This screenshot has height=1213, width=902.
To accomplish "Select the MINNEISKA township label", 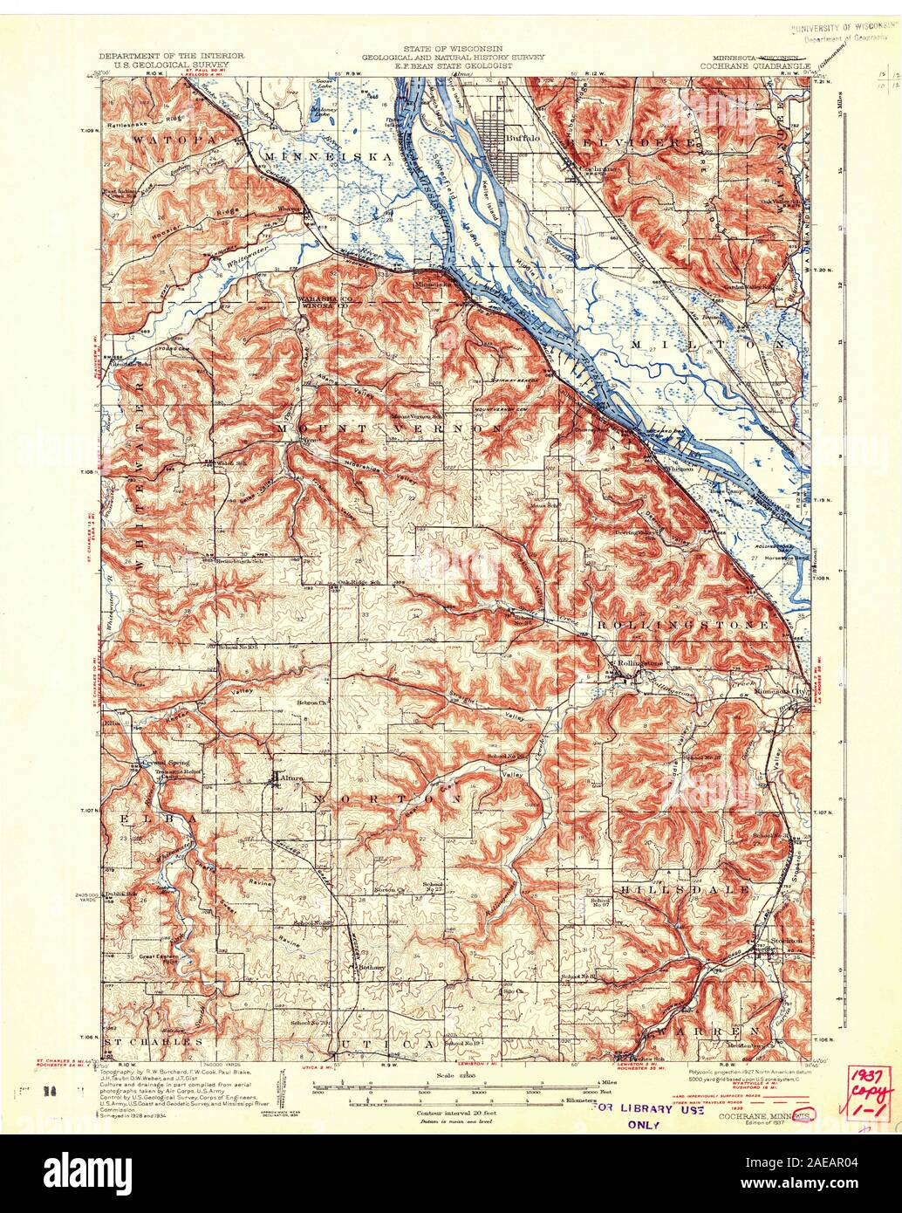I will click(322, 157).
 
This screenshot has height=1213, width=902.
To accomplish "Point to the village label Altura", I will click(291, 773).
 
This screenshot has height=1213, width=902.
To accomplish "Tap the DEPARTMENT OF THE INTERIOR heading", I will click(170, 56).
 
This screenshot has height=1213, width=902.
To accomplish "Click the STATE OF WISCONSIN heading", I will click(451, 46).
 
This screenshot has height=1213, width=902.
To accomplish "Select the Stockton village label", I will click(777, 945).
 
